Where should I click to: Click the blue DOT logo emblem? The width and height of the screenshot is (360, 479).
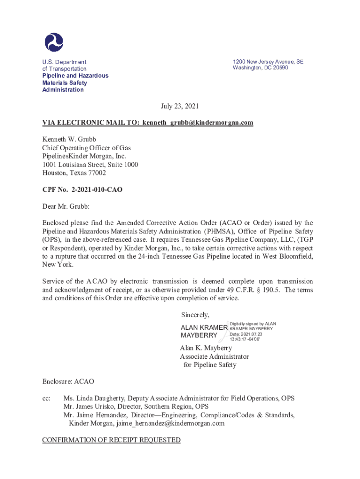coord(54,42)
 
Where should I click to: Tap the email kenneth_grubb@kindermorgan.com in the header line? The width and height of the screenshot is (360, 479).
coord(198,123)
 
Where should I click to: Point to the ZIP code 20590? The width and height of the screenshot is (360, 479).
coord(279,68)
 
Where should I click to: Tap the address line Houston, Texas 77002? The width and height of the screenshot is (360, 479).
coord(74,173)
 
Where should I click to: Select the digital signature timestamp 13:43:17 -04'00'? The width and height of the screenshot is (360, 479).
coord(245,339)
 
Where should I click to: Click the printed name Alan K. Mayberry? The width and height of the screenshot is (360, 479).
coord(206,348)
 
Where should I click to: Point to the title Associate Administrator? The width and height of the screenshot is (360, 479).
coord(214,356)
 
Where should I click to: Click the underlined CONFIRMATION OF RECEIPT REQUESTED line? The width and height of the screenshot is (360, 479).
coord(111,440)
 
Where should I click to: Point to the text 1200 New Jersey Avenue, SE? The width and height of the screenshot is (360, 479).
coord(268,61)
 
